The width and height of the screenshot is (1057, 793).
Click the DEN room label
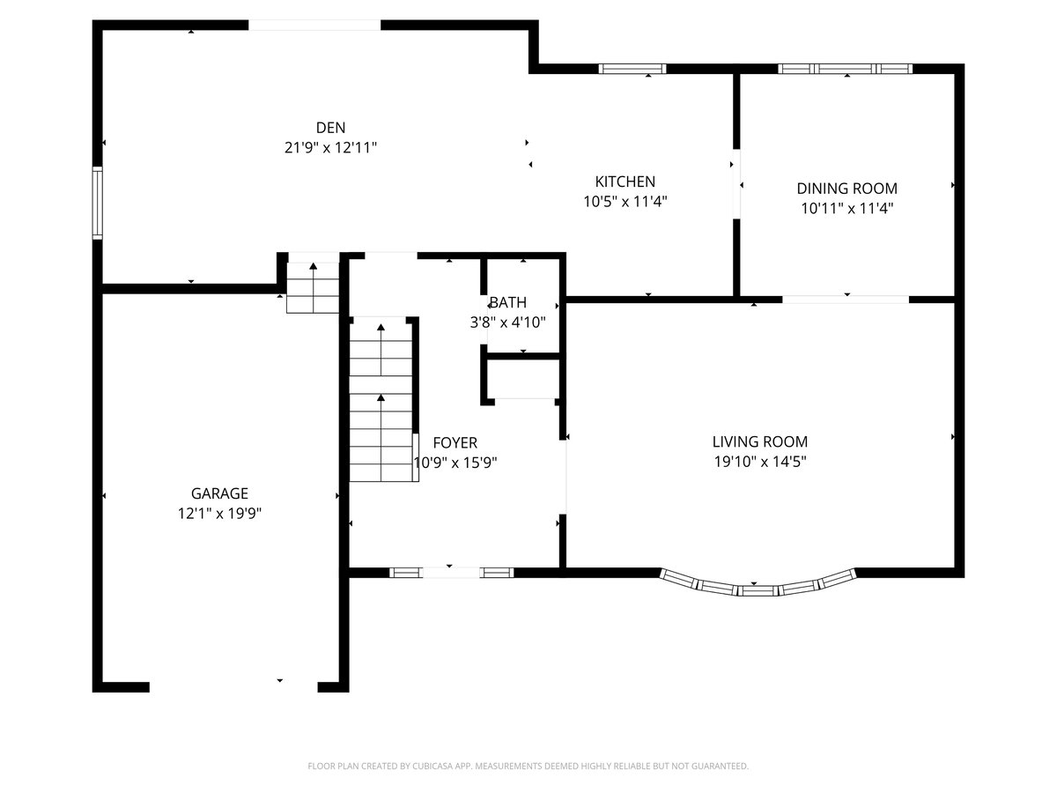click(330, 128)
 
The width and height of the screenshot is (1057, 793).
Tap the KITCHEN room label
click(625, 182)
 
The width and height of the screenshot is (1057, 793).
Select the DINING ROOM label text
click(847, 189)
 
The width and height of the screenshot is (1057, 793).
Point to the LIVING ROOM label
click(760, 441)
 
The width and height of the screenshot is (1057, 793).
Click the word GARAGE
click(219, 493)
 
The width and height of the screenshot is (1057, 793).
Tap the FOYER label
click(455, 442)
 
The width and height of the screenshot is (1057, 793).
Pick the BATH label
click(508, 302)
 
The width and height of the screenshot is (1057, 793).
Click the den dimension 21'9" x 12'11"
click(330, 147)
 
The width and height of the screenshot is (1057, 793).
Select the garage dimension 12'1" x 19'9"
click(219, 514)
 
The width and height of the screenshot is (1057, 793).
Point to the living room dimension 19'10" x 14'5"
click(760, 462)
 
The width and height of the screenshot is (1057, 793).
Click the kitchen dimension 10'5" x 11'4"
click(625, 201)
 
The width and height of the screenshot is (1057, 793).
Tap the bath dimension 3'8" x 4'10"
click(508, 322)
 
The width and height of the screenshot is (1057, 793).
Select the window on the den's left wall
click(98, 203)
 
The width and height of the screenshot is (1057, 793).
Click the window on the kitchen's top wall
click(632, 69)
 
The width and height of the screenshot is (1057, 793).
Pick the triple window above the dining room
click(845, 69)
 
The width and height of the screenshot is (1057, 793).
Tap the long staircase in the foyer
click(381, 400)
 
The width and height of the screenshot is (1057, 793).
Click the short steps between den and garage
click(313, 288)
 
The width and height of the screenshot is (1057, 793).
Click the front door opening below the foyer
click(451, 573)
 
